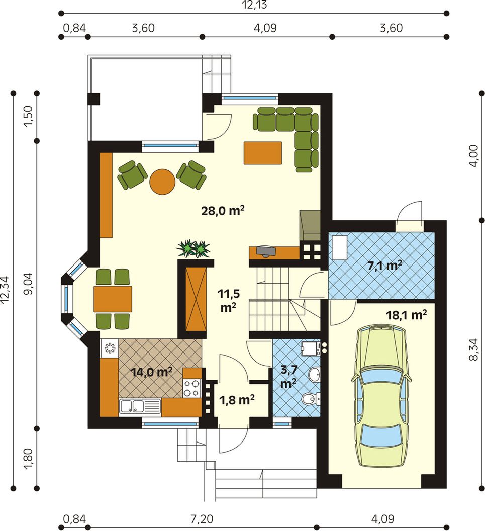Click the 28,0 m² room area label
tap(223, 211)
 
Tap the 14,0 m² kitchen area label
tap(152, 372)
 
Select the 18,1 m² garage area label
tap(406, 315)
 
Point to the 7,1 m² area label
tap(385, 265)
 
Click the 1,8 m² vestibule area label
tap(237, 400)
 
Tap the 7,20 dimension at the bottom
tap(202, 518)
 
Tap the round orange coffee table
tap(162, 182)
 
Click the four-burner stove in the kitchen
tap(192, 388)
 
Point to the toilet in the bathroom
tap(311, 399)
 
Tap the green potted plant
tap(193, 249)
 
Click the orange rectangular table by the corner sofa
tap(263, 153)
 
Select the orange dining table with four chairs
tap(113, 299)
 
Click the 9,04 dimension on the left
tap(29, 284)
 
